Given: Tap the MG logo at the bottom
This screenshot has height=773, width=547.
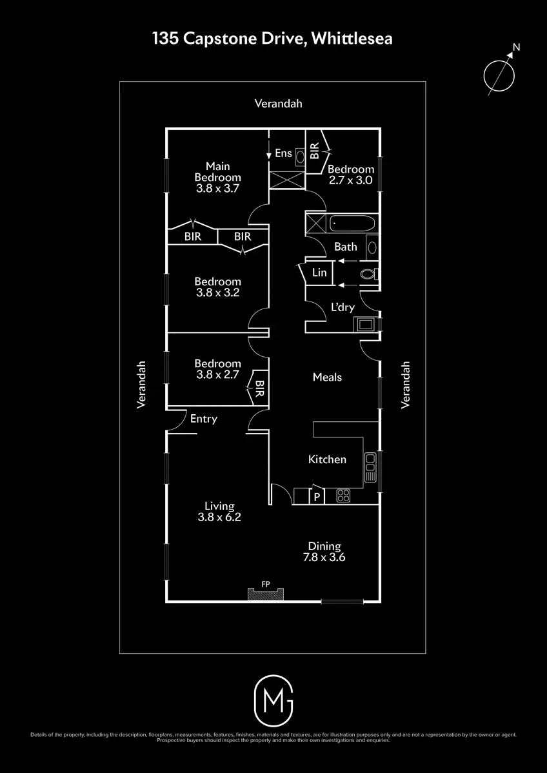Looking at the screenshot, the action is (x=273, y=701).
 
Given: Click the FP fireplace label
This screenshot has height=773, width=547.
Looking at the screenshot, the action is (x=265, y=584).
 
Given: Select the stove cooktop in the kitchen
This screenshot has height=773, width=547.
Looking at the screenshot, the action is (x=343, y=496).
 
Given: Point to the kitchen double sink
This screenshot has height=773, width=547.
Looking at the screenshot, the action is (x=370, y=467).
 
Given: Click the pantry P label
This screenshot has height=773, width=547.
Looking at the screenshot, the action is (x=317, y=497).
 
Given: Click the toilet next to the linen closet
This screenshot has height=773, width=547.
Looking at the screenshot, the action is (x=369, y=274).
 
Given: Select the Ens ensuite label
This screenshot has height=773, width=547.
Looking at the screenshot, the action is (x=283, y=153).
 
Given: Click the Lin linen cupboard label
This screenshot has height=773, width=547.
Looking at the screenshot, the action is (x=319, y=272).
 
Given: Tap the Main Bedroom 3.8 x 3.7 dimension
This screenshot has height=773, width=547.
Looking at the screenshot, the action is (x=217, y=188).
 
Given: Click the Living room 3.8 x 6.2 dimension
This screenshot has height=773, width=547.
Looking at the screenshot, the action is (x=219, y=517).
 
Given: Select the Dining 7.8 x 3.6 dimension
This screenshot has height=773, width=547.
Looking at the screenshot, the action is (x=324, y=557).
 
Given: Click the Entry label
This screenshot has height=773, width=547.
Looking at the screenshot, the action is (x=204, y=419).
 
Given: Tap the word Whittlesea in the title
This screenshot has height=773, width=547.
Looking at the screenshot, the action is (x=352, y=38).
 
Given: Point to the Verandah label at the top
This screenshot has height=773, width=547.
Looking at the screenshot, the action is (x=278, y=104).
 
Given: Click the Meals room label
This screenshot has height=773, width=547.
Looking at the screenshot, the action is (x=327, y=377).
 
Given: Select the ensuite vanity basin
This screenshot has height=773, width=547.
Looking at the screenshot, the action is (x=301, y=157).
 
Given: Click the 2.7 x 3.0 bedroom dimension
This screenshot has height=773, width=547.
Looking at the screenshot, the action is (x=350, y=180).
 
